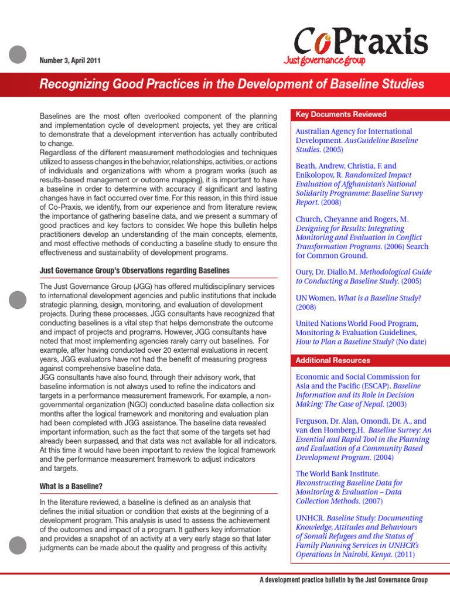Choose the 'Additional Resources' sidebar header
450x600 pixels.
pyautogui.click(x=333, y=360)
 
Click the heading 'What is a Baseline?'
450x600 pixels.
pyautogui.click(x=71, y=486)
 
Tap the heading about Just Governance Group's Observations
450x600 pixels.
pyautogui.click(x=134, y=270)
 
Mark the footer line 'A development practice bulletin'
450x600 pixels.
pyautogui.click(x=343, y=580)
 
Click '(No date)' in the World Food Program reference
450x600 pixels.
pyautogui.click(x=411, y=342)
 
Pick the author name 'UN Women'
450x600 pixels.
pyautogui.click(x=315, y=298)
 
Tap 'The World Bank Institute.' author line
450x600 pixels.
pyautogui.click(x=338, y=473)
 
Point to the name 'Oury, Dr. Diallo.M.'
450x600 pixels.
pyautogui.click(x=326, y=272)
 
